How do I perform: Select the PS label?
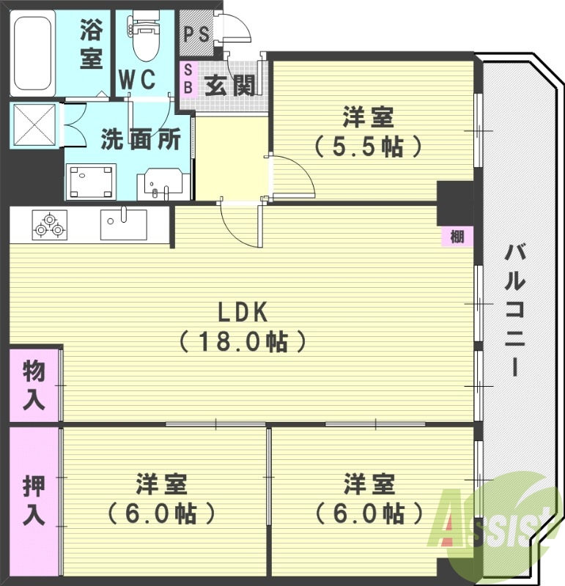click(x=196, y=34)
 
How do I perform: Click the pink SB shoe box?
click(x=188, y=78)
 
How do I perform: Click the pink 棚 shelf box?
click(x=457, y=237)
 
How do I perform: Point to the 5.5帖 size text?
click(x=369, y=146)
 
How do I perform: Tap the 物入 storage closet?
click(x=34, y=385)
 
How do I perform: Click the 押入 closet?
click(x=34, y=500)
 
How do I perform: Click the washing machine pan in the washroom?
click(x=92, y=181)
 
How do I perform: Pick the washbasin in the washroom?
click(x=163, y=182)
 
